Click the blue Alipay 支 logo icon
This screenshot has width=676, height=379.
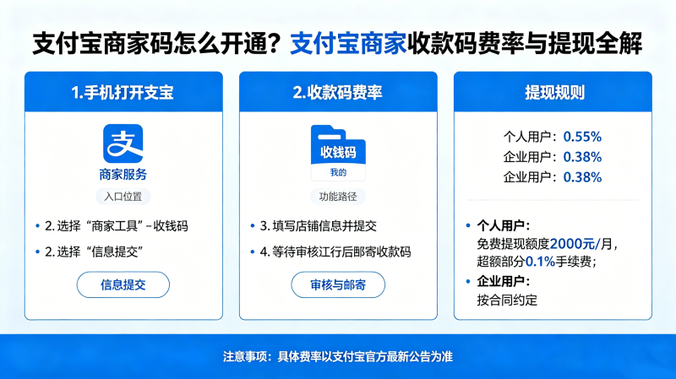click(123, 143)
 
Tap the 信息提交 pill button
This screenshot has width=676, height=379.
click(123, 284)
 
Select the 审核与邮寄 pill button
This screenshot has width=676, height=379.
click(338, 284)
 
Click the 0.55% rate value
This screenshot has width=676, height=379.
click(582, 137)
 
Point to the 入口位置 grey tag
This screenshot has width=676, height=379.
click(123, 197)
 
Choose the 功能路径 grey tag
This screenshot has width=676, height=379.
click(338, 197)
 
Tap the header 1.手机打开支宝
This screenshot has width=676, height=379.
click(123, 93)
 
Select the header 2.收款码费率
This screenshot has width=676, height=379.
click(337, 93)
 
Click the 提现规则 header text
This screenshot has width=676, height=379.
click(554, 93)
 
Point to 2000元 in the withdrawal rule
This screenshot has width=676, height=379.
click(572, 244)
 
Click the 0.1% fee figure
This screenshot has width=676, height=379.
click(540, 262)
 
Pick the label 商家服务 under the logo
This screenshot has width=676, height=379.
click(123, 175)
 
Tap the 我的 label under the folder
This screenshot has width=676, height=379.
click(338, 173)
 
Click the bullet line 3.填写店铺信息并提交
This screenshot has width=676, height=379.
click(319, 226)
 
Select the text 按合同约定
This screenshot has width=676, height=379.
click(507, 300)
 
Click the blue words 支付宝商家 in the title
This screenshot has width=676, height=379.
click(348, 43)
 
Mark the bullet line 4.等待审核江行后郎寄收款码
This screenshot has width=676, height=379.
click(335, 252)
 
